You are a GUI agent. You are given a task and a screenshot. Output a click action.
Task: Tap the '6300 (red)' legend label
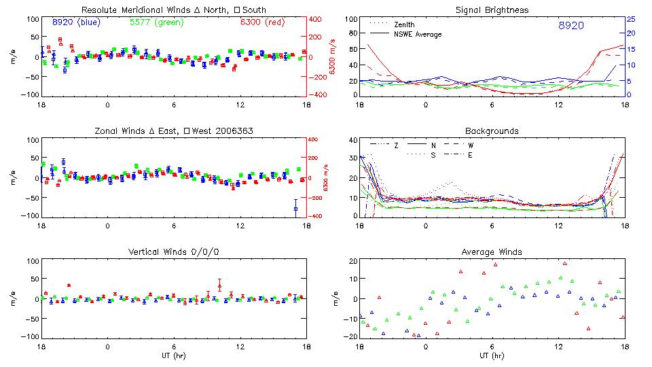(x=261, y=22)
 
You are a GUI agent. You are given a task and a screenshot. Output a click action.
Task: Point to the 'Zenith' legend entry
(x=405, y=24)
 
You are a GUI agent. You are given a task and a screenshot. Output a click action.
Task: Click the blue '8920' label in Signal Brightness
(x=570, y=26)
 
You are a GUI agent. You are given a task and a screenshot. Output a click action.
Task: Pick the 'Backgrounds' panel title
(x=492, y=130)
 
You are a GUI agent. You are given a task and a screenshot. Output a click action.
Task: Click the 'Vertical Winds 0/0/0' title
(x=174, y=251)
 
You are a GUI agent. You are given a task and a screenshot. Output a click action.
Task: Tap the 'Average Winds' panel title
(x=492, y=251)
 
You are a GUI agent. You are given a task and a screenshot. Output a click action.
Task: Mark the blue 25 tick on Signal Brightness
(x=630, y=19)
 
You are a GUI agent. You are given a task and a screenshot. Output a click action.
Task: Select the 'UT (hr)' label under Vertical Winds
(x=174, y=355)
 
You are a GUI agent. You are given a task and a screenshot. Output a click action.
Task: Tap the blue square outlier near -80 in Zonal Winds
(x=295, y=209)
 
